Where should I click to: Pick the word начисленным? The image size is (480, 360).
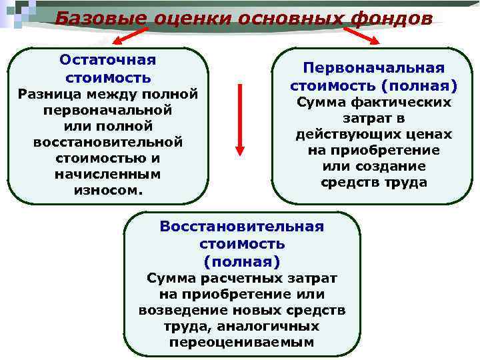tap(107, 174)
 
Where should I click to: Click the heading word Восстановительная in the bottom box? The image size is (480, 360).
tap(241, 227)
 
